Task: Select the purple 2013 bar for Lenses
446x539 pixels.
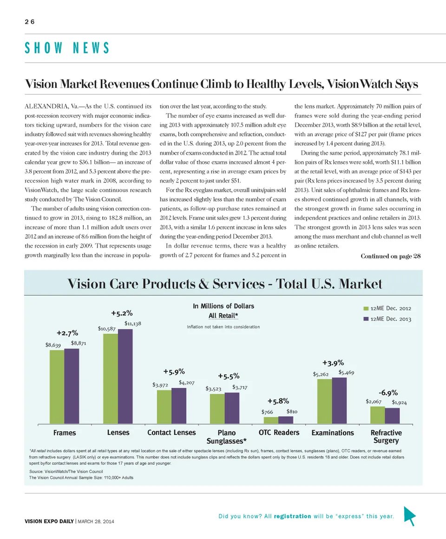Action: pyautogui.click(x=125, y=376)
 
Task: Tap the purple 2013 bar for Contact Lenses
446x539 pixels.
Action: pyautogui.click(x=179, y=406)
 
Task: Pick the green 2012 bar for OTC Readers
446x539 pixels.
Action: pyautogui.click(x=271, y=420)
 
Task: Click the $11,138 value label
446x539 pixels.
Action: pyautogui.click(x=132, y=323)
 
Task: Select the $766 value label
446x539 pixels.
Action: pyautogui.click(x=267, y=412)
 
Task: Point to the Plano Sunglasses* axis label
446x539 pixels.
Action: pyautogui.click(x=226, y=436)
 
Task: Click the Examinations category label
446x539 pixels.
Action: pyautogui.click(x=333, y=433)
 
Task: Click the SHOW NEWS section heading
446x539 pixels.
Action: pyautogui.click(x=67, y=48)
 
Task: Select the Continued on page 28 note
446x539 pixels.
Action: pyautogui.click(x=390, y=257)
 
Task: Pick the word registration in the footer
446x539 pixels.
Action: pyautogui.click(x=292, y=516)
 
